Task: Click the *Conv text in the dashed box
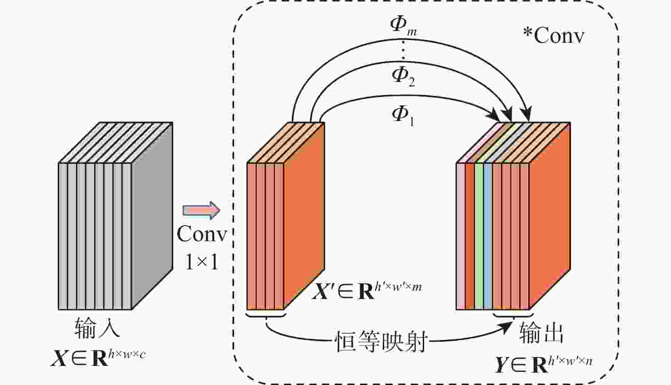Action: [x=553, y=35]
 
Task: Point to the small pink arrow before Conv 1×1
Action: [x=201, y=210]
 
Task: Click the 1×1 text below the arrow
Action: [x=201, y=262]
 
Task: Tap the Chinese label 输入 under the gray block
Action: [x=97, y=328]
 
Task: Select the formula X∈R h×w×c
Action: [x=98, y=357]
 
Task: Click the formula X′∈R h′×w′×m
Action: [x=366, y=290]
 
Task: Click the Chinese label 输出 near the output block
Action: [x=541, y=333]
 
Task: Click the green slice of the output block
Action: [x=479, y=236]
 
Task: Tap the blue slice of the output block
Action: [x=488, y=236]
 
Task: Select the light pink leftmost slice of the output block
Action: [x=461, y=236]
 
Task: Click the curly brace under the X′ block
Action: [x=265, y=314]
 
